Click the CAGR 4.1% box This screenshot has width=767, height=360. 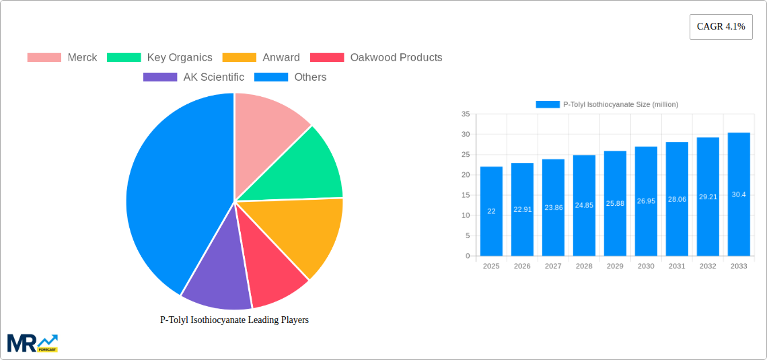tap(721, 27)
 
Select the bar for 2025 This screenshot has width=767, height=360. tap(491, 211)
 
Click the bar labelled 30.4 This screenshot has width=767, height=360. tap(739, 194)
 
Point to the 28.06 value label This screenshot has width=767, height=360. tap(677, 199)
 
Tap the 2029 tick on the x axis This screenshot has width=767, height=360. tap(615, 266)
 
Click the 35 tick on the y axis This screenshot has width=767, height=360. tap(466, 114)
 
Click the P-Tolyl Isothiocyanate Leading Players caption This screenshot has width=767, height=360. tap(234, 320)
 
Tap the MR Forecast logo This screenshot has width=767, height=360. tap(32, 343)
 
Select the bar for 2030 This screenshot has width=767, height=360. tap(646, 201)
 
